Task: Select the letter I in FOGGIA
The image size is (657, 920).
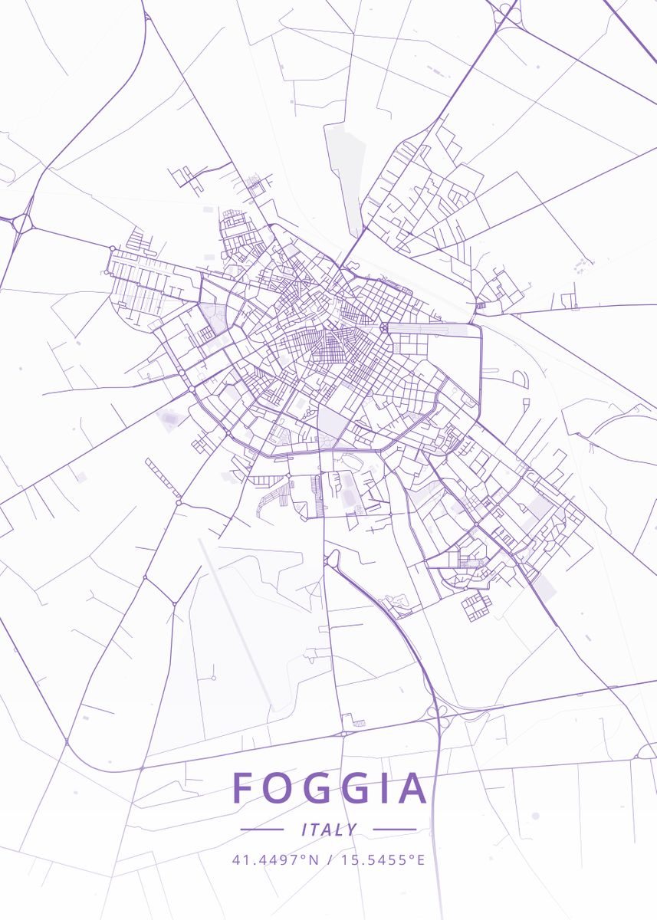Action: (x=383, y=788)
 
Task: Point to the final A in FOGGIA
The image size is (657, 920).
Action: (x=412, y=788)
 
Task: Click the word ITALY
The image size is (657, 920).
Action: (x=329, y=830)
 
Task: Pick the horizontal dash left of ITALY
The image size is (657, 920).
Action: (x=262, y=830)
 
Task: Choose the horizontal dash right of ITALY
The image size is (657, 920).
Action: (x=394, y=830)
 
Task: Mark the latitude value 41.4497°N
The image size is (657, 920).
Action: (x=275, y=859)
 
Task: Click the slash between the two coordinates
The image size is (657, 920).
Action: (x=329, y=859)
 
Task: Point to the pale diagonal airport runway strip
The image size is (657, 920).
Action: (x=234, y=621)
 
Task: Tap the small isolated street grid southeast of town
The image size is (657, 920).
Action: (x=475, y=606)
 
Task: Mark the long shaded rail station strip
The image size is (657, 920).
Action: (x=433, y=330)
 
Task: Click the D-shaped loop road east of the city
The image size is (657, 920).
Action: (x=520, y=379)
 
